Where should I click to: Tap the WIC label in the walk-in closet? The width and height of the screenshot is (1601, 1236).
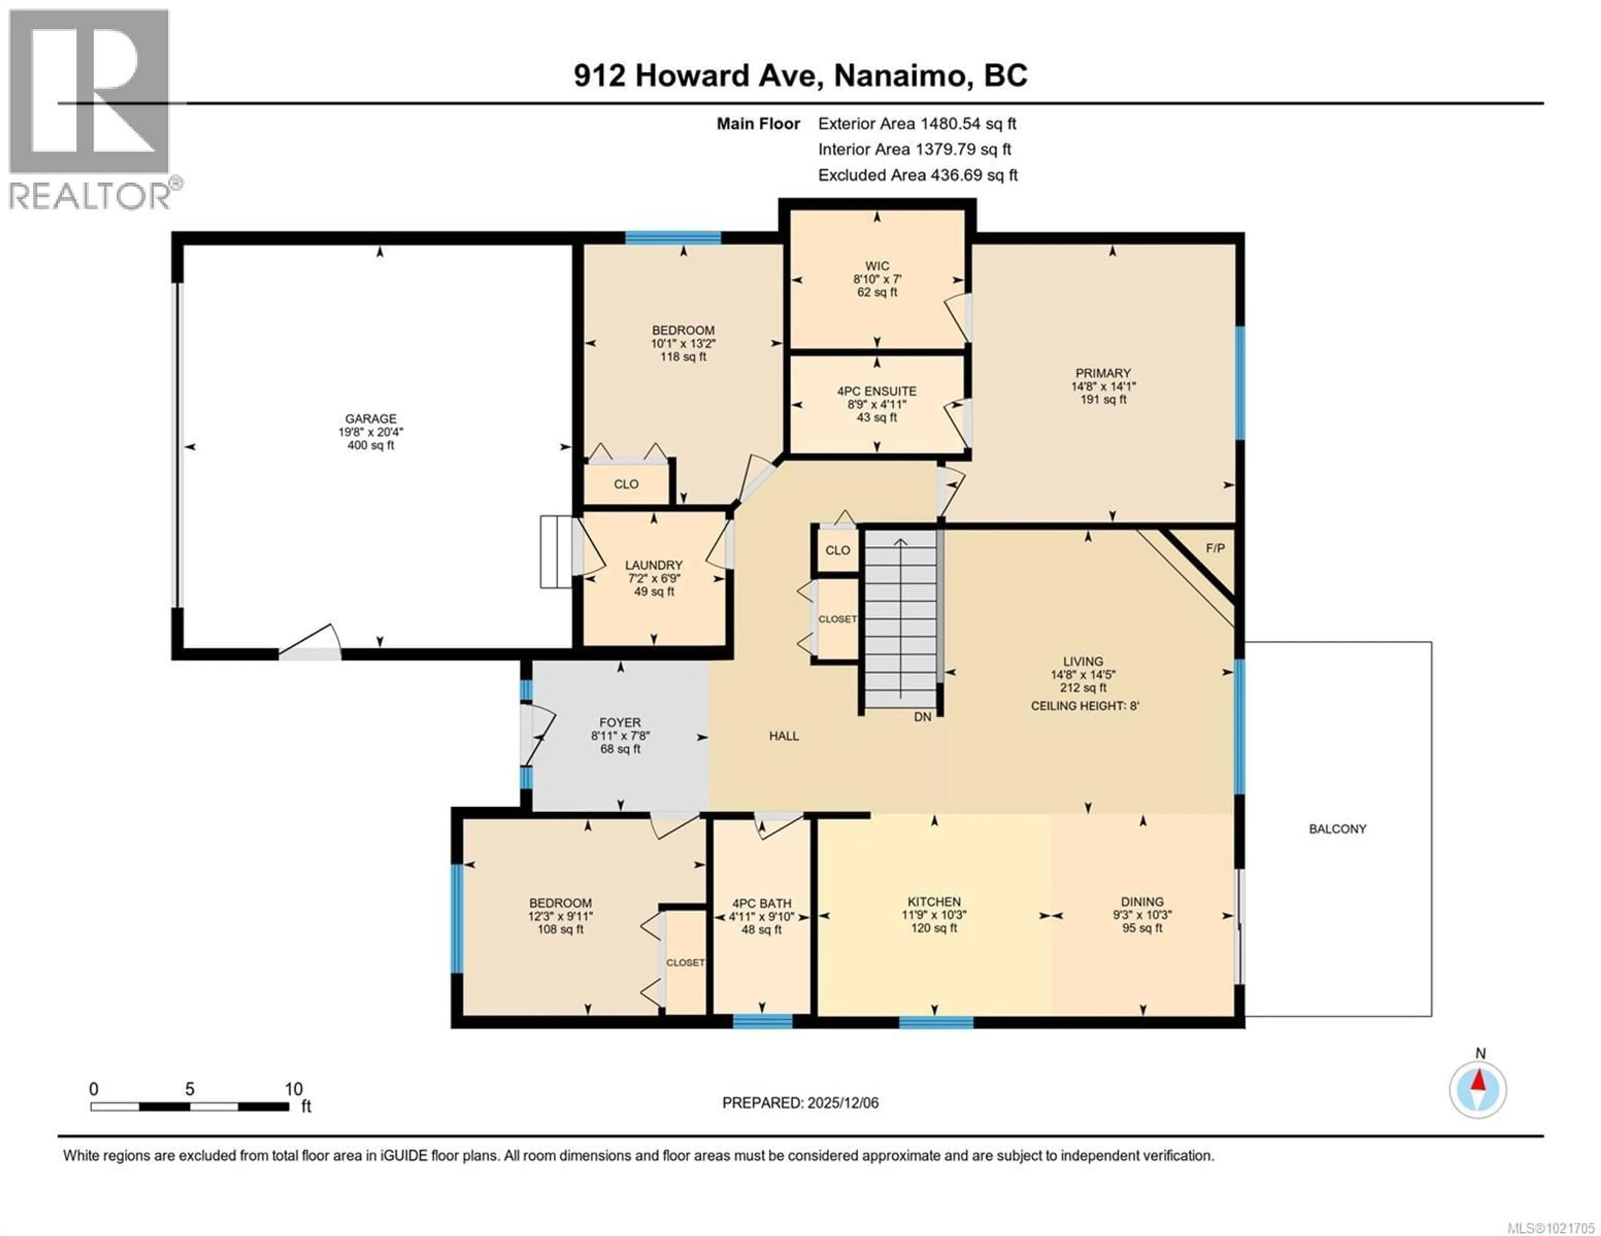877,266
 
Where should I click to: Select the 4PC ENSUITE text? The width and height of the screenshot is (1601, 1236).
877,391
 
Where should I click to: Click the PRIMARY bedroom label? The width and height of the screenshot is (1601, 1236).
1102,373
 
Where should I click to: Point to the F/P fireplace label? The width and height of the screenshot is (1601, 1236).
1215,548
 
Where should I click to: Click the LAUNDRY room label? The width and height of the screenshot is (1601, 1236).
653,565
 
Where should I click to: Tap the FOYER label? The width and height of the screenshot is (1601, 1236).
620,722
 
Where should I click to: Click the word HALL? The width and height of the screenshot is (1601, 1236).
784,736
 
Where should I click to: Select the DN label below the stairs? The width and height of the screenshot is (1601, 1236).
922,717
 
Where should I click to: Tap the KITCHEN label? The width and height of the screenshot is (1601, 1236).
934,902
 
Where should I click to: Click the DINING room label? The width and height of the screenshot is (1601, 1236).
1142,902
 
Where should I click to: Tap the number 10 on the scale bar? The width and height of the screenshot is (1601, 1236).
293,1089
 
